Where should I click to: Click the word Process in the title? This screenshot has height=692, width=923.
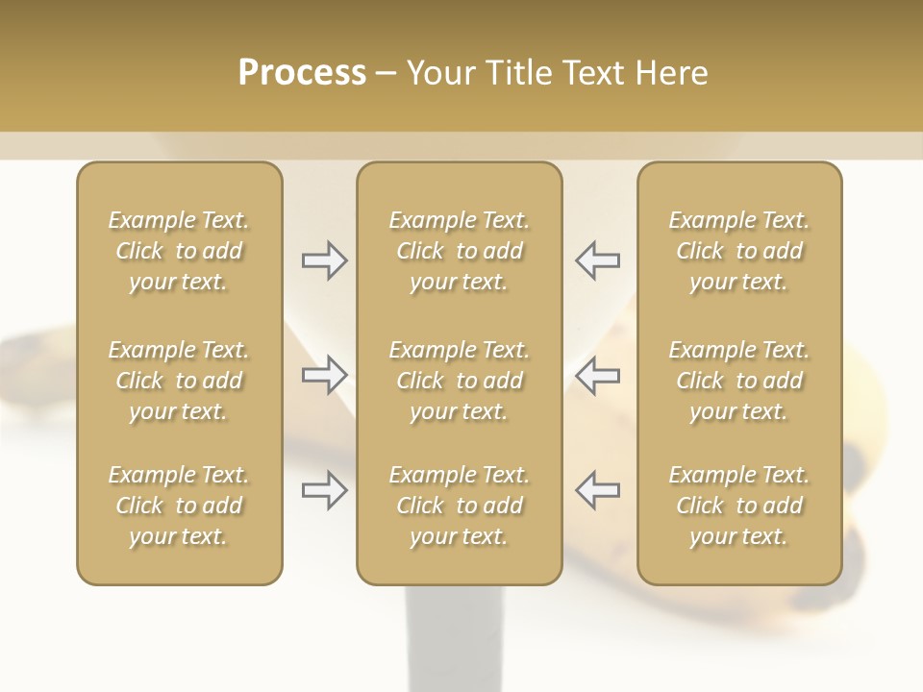[302, 73]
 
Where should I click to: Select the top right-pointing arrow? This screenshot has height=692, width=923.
[325, 260]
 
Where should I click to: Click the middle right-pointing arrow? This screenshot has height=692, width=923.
[325, 375]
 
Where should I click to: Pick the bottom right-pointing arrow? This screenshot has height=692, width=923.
[325, 490]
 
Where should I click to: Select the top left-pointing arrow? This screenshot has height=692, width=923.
[598, 260]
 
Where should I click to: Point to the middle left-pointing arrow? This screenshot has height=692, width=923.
[598, 375]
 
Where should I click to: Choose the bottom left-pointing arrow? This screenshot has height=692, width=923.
[598, 490]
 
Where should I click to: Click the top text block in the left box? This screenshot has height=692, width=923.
[179, 251]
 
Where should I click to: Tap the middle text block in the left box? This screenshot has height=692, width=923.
[179, 381]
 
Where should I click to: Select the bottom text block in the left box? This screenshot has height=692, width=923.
[179, 506]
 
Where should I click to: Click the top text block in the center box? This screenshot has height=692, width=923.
[460, 251]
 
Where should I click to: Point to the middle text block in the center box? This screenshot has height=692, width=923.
[460, 381]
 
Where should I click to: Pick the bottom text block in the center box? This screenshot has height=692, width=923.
[460, 506]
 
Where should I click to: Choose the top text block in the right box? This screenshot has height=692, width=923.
[739, 251]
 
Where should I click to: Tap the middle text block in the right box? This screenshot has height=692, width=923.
[739, 381]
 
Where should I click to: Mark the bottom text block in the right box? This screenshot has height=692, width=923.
[739, 506]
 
